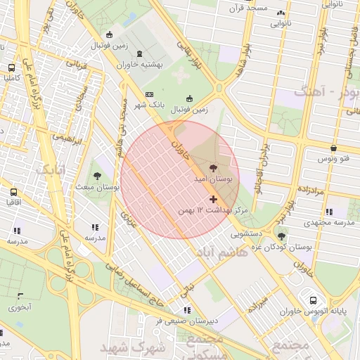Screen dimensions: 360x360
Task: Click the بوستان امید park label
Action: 213,180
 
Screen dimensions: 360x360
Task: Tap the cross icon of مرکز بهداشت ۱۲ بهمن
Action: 214,200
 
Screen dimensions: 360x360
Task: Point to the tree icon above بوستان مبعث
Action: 97,176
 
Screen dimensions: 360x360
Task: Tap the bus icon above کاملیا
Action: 12,67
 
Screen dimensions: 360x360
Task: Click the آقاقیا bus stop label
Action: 13,202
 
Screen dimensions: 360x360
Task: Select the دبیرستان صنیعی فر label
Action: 186,321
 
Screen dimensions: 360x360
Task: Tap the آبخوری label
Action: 20,307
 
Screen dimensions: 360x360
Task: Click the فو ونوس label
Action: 333,160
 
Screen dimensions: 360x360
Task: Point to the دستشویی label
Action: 248,232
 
